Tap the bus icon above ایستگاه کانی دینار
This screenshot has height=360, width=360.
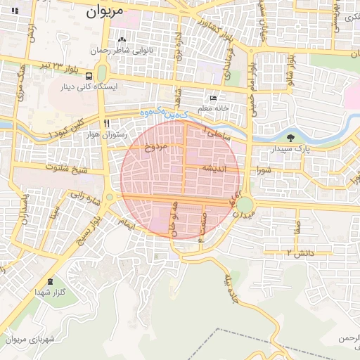click(89, 76)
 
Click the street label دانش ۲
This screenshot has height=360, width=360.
click(299, 251)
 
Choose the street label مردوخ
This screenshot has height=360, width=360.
click(153, 147)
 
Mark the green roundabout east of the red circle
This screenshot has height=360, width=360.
click(245, 205)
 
